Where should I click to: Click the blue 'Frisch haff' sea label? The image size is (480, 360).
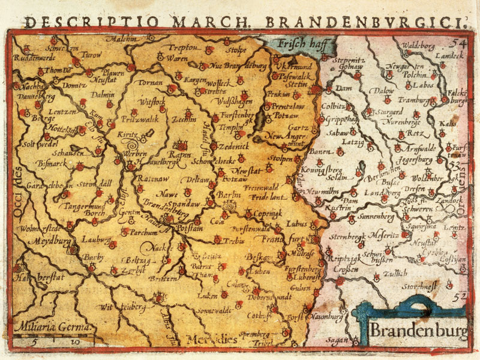click(x=298, y=43)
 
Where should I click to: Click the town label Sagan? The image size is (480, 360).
click(x=338, y=340)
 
